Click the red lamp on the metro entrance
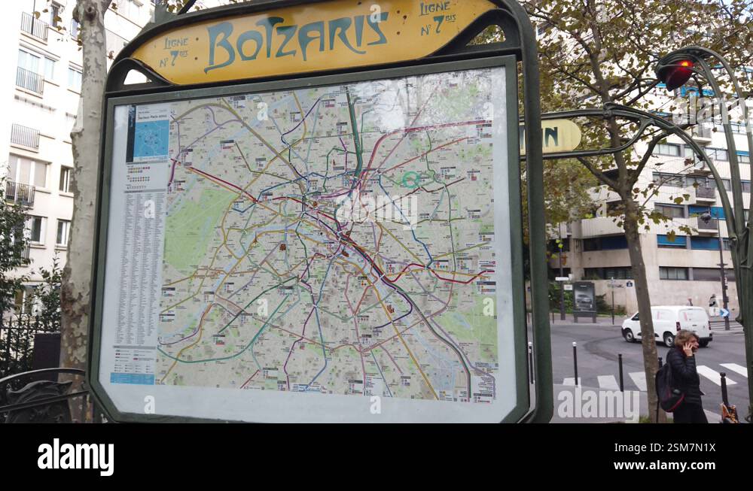tap(676, 73)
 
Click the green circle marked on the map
tap(410, 179)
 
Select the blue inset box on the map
tap(151, 139)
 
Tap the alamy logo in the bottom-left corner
tap(75, 457)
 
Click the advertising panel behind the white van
tap(584, 297)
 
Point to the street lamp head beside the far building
tap(706, 217)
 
